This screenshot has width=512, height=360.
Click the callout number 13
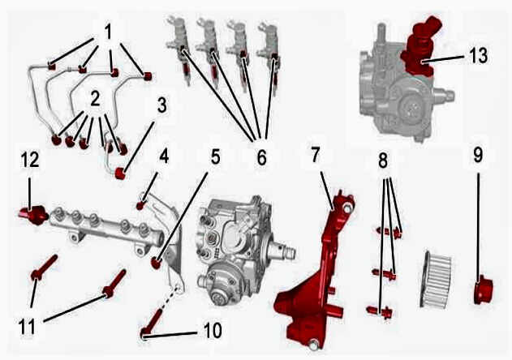[x=479, y=55]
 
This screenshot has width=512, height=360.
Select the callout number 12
[x=30, y=160]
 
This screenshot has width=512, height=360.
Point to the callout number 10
[x=213, y=330]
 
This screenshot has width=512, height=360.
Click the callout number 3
[x=161, y=106]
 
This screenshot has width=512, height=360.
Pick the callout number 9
[x=478, y=154]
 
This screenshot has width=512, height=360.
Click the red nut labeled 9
[x=483, y=289]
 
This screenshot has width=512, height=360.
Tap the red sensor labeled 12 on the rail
[x=33, y=216]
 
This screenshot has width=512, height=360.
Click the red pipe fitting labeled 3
[x=121, y=174]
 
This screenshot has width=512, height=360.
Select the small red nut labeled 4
[x=140, y=206]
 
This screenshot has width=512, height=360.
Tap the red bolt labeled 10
[x=152, y=324]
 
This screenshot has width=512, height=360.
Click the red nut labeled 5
[x=157, y=263]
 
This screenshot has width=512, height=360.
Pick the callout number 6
[x=261, y=157]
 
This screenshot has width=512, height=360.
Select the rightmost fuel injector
[x=270, y=58]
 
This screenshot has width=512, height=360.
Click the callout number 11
[x=27, y=327]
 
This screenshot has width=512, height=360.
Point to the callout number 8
[x=383, y=161]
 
